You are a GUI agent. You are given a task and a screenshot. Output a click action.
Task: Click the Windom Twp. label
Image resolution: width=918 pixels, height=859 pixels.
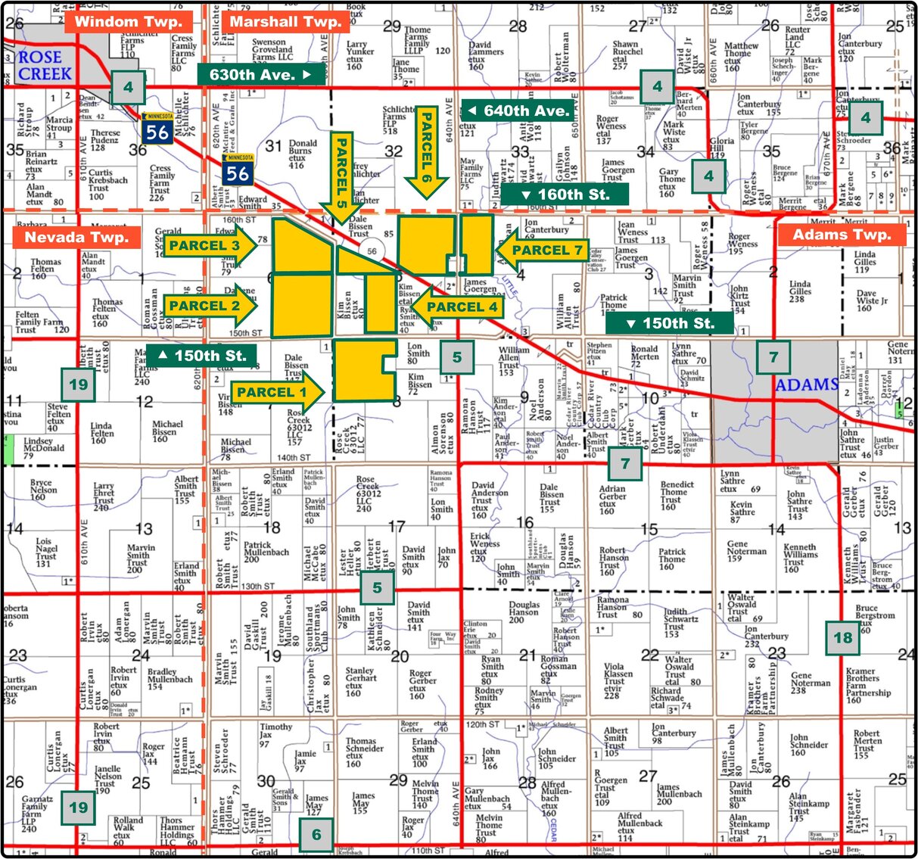pyautogui.click(x=128, y=22)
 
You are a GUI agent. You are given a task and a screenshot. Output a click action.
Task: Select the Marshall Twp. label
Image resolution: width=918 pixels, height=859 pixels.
pyautogui.click(x=285, y=22)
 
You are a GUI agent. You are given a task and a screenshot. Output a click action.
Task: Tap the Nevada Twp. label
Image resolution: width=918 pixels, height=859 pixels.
pyautogui.click(x=76, y=237)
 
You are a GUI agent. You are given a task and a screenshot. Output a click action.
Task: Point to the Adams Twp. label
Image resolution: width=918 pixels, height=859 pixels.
pyautogui.click(x=842, y=235)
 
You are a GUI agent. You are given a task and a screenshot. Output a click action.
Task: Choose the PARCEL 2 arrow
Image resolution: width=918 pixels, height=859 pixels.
pyautogui.click(x=210, y=306)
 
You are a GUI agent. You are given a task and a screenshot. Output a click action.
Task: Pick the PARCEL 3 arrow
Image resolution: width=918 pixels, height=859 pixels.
pyautogui.click(x=210, y=245)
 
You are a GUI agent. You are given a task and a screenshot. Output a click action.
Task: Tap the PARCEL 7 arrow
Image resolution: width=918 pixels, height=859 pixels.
pyautogui.click(x=542, y=251)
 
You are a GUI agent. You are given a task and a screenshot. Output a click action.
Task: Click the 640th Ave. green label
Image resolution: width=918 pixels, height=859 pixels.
pyautogui.click(x=518, y=110)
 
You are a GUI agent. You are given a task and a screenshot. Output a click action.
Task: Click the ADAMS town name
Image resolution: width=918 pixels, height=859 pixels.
pyautogui.click(x=807, y=385)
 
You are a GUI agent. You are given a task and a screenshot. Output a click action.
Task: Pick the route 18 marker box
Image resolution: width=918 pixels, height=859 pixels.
pyautogui.click(x=842, y=637)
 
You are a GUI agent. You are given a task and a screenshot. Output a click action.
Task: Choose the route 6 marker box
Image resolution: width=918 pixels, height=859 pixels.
pyautogui.click(x=316, y=835)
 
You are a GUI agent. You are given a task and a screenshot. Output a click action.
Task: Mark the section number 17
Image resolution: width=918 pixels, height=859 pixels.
pyautogui.click(x=397, y=527)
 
